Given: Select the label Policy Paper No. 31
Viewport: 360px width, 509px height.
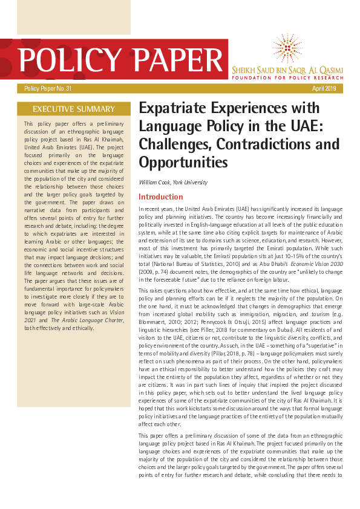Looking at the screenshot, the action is pyautogui.click(x=48, y=89).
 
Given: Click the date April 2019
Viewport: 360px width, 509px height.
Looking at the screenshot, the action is pyautogui.click(x=324, y=89).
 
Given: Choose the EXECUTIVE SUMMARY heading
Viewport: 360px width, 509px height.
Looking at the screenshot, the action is pyautogui.click(x=73, y=109).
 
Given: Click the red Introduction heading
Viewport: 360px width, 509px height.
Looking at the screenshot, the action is pyautogui.click(x=160, y=197).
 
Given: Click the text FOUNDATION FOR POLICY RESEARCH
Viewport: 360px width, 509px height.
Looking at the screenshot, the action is pyautogui.click(x=287, y=78).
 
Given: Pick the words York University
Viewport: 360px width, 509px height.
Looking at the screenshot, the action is pyautogui.click(x=192, y=183).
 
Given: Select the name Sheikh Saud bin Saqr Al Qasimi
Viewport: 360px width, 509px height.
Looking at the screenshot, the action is pyautogui.click(x=287, y=70).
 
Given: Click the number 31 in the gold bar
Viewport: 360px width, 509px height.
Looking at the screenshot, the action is pyautogui.click(x=68, y=89).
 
